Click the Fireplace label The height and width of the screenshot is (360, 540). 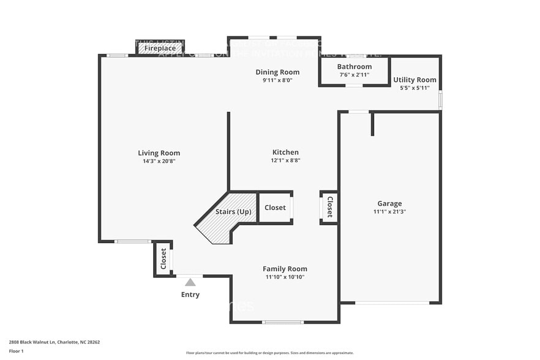click(x=160, y=48)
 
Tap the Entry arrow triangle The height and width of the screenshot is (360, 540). click(x=190, y=282)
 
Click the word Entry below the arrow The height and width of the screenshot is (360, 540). click(x=190, y=294)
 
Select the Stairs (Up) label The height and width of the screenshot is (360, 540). click(x=233, y=212)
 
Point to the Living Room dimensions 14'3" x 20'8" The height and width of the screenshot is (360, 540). click(x=159, y=162)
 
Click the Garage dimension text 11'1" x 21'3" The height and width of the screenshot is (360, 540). click(x=389, y=212)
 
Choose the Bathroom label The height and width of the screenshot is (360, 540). click(x=354, y=67)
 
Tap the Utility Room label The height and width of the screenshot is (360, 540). click(x=414, y=80)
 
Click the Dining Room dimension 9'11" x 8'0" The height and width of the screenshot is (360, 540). click(x=277, y=80)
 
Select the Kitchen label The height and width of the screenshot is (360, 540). click(x=285, y=152)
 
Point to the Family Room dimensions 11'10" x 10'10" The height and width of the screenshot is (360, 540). click(x=285, y=277)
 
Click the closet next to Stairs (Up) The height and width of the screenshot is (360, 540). click(x=275, y=208)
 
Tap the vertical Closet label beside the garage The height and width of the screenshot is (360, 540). click(x=329, y=207)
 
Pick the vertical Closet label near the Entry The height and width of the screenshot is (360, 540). click(x=163, y=259)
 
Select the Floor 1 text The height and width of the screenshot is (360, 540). click(x=16, y=351)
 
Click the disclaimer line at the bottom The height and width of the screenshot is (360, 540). click(x=269, y=353)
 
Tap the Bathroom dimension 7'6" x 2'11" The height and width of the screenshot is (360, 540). click(x=354, y=75)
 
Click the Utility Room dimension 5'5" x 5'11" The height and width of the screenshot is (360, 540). click(x=414, y=88)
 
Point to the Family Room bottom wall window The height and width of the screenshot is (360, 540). click(x=283, y=322)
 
